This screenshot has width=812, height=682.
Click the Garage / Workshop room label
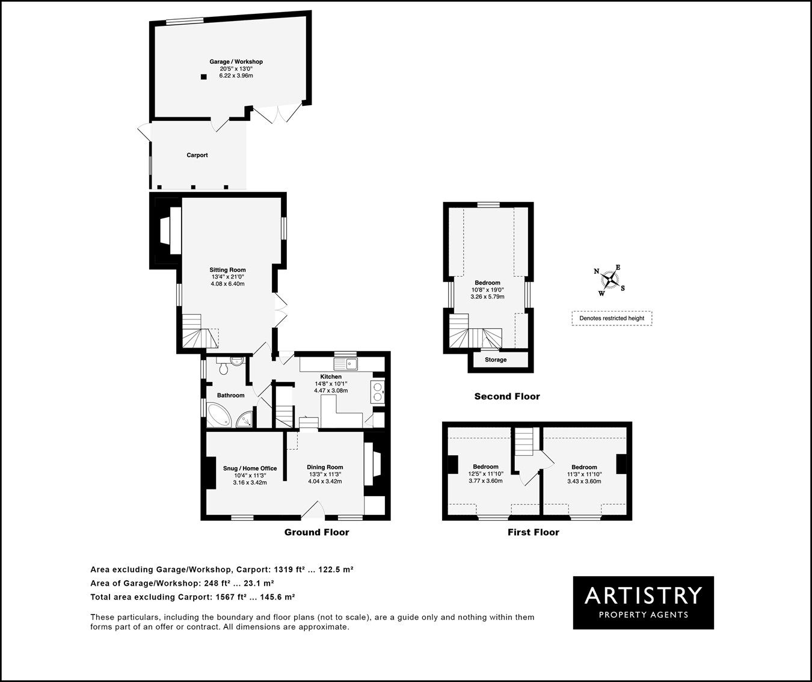[x=236, y=61]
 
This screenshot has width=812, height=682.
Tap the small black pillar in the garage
[x=204, y=76]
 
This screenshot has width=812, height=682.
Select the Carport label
[x=197, y=155]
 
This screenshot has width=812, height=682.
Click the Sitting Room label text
[x=227, y=270]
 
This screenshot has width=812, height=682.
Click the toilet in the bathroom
[x=224, y=367]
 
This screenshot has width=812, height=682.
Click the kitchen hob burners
[x=378, y=392]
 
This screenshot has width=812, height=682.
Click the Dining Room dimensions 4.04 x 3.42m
[x=325, y=482]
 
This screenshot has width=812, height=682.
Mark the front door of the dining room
[x=312, y=512]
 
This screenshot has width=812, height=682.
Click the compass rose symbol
[x=610, y=280]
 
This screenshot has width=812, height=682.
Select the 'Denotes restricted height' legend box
[x=612, y=318]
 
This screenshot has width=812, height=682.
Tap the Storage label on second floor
[x=496, y=360]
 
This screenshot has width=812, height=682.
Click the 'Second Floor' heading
[x=507, y=396]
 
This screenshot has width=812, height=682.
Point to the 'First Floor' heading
[x=533, y=532]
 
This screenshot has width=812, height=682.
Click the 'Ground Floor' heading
[x=316, y=532]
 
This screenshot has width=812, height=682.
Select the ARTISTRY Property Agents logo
[x=643, y=603]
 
